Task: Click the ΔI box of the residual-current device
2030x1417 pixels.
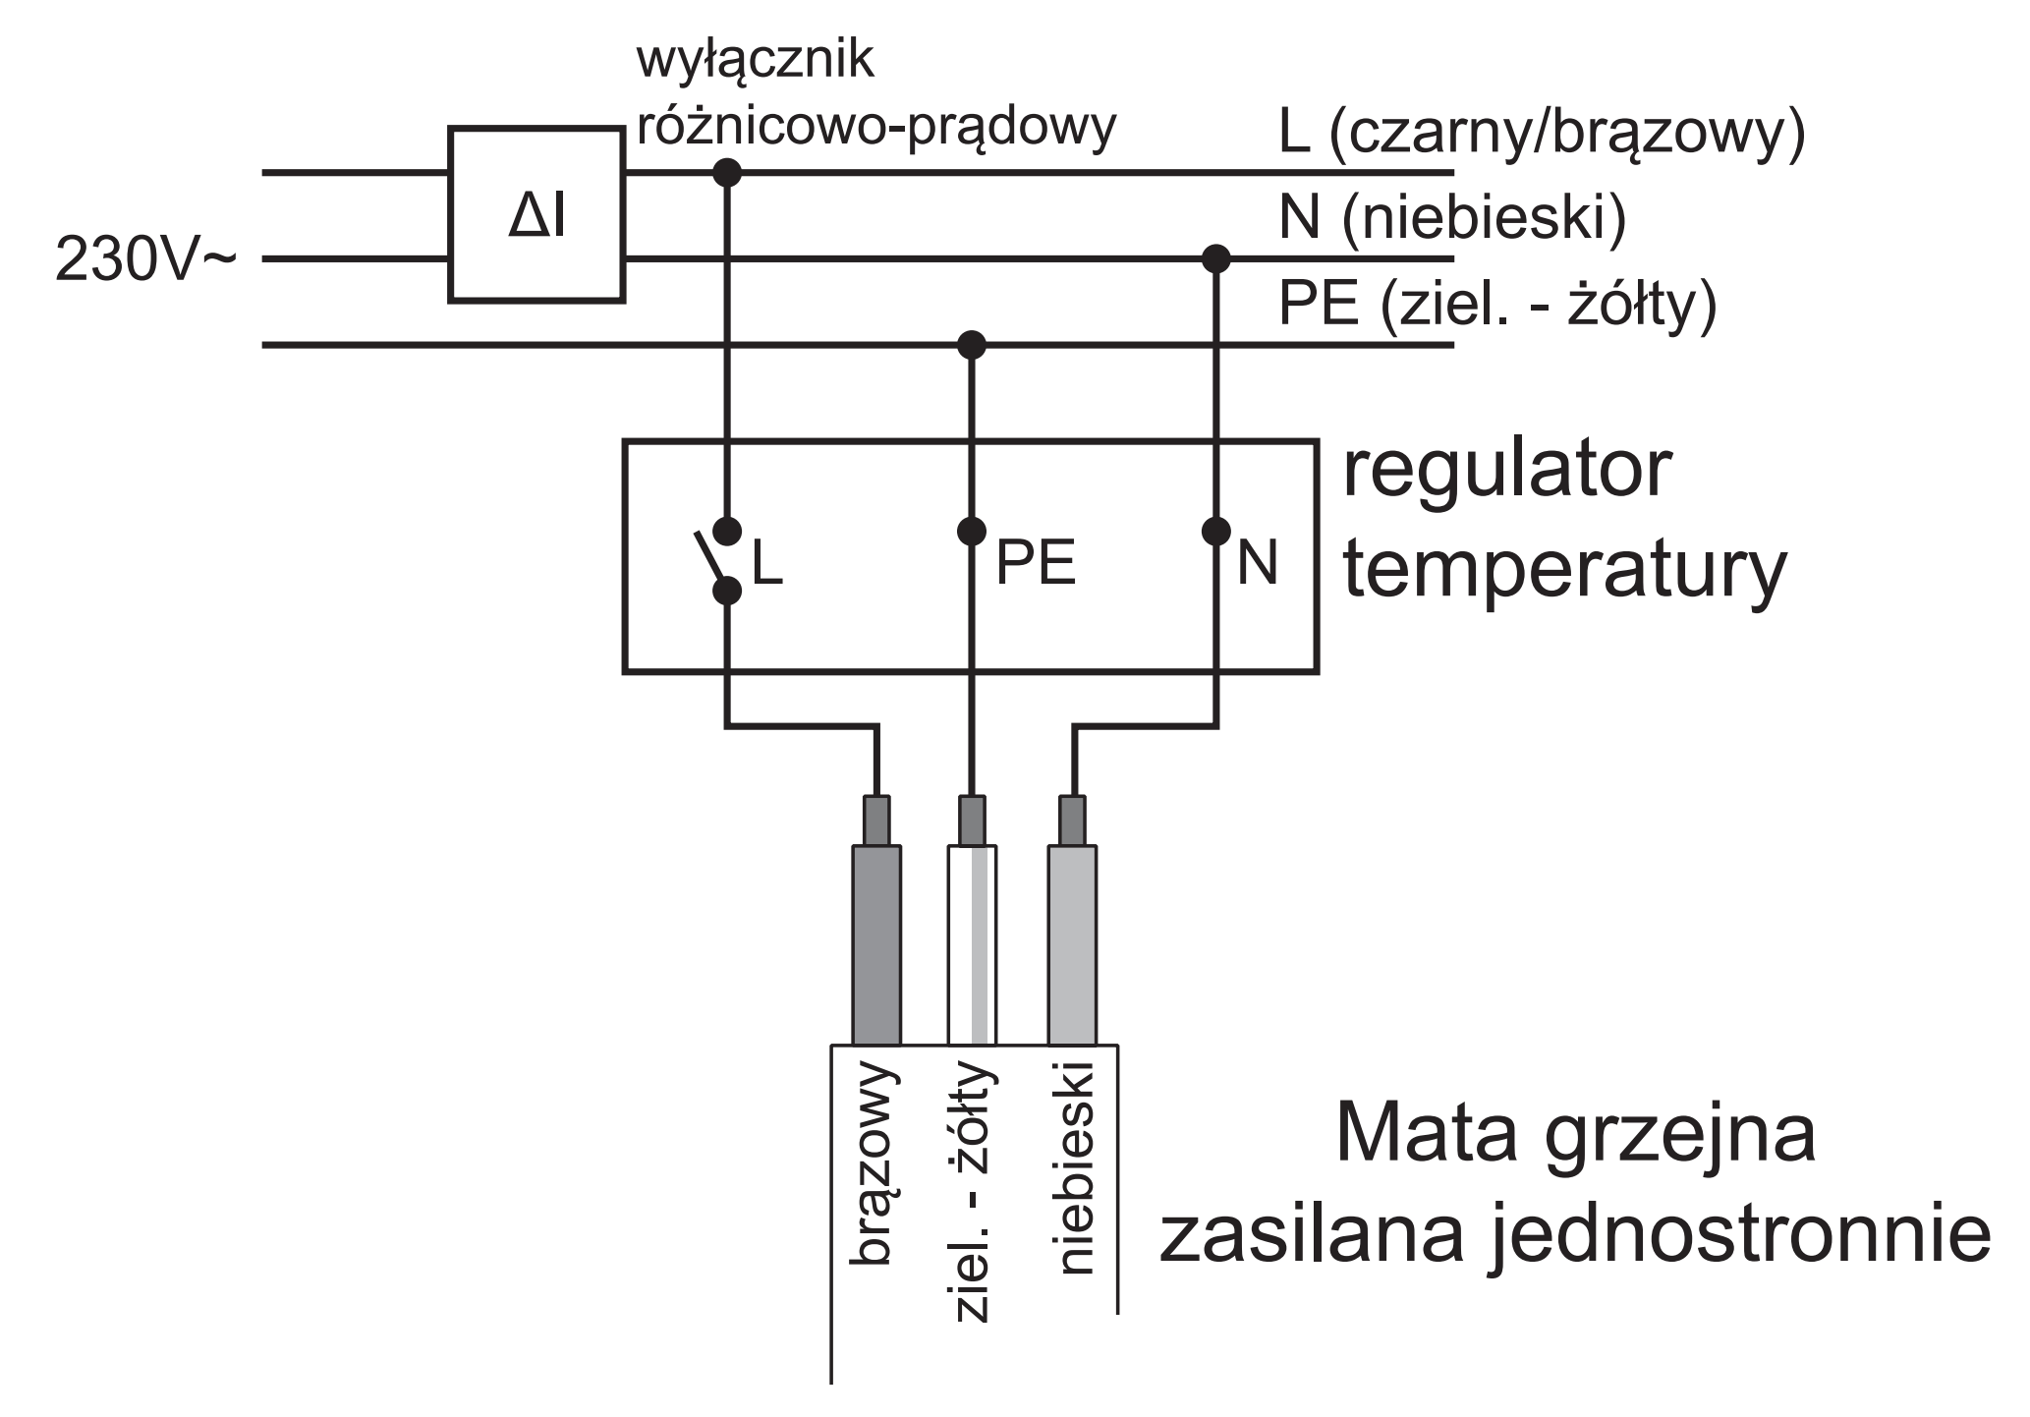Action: point(536,214)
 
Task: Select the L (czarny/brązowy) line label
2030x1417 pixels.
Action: point(1542,135)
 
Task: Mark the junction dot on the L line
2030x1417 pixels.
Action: point(727,173)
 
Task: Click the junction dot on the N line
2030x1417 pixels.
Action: point(1216,259)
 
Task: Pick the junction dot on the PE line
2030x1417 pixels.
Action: point(972,345)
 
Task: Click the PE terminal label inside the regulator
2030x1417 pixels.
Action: point(1036,563)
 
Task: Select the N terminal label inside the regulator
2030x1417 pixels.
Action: point(1257,563)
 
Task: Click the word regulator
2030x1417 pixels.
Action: point(1507,473)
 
